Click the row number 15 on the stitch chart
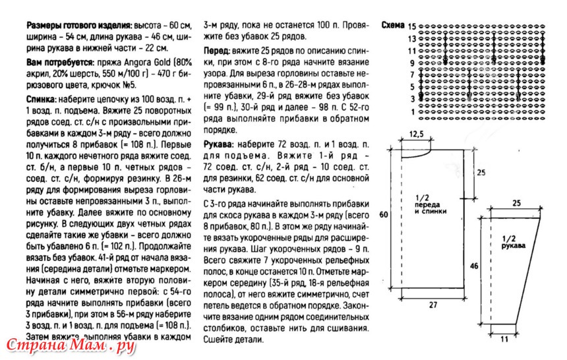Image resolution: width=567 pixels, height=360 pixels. [x=413, y=27]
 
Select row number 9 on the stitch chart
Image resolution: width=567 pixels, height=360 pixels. [x=411, y=63]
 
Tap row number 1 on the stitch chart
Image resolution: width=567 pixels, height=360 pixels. [x=413, y=111]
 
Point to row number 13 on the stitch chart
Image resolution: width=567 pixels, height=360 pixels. [x=413, y=39]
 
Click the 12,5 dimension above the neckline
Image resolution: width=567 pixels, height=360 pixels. [x=416, y=134]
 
